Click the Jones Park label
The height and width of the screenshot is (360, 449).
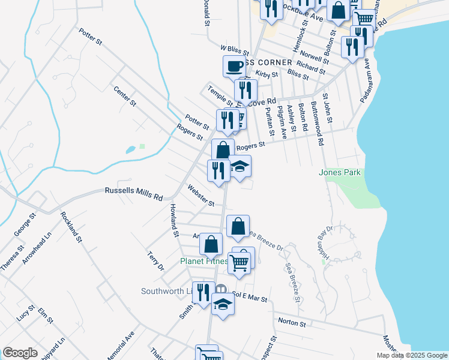coord(340,172)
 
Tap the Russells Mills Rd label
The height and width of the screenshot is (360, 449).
coord(134,194)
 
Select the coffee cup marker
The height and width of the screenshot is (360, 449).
coord(234,66)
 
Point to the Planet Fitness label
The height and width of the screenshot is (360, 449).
coord(204,261)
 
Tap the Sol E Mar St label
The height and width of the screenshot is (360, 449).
coord(249,296)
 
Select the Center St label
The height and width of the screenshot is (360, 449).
coord(125,96)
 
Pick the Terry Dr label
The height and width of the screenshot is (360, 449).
coord(155,261)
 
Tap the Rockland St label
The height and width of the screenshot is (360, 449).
coord(71,227)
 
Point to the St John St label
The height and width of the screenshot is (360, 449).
coord(328,108)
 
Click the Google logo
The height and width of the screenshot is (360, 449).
coord(20,353)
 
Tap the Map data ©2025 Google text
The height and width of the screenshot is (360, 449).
coord(412,355)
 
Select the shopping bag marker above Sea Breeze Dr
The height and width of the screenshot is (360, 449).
coord(238,226)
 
